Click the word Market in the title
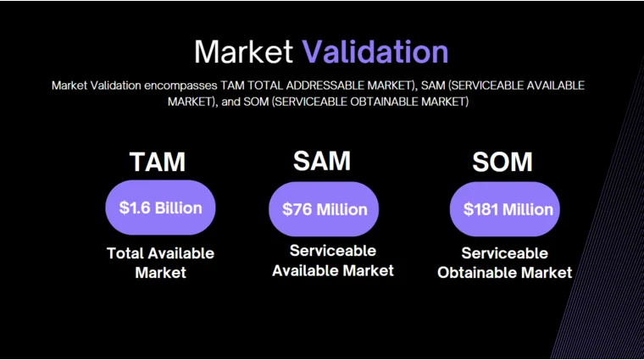coord(245,52)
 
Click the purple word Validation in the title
coord(375,52)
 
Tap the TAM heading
coord(158,162)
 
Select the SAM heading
coord(322,160)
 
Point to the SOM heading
coord(502,162)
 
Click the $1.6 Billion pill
coord(160,208)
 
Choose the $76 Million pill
coord(325,209)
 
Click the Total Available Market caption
coord(160,263)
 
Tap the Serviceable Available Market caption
coord(333,261)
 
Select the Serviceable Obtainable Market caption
coord(504,263)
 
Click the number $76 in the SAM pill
coord(297,209)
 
